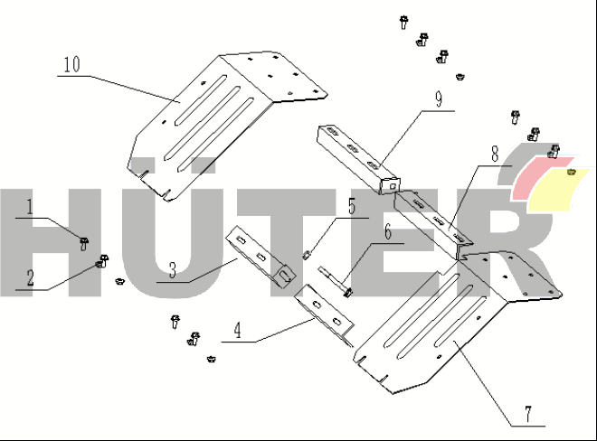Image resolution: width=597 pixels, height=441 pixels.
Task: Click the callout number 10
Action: click(71, 66)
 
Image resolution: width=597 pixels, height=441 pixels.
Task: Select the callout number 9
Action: click(438, 99)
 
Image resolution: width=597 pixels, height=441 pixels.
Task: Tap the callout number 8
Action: click(495, 154)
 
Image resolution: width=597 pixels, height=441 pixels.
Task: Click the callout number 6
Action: click(387, 232)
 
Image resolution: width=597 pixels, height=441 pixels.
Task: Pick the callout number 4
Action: click(237, 330)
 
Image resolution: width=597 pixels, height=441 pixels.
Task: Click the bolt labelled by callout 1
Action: click(83, 242)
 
